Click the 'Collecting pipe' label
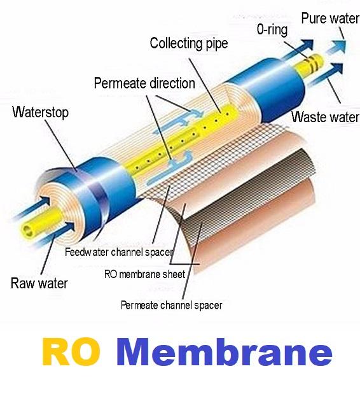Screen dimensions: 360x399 click(x=188, y=43)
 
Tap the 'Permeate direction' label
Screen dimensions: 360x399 click(x=144, y=83)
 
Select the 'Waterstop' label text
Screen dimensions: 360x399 click(x=41, y=112)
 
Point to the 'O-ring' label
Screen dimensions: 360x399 click(x=272, y=29)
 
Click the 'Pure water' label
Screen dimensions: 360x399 click(x=330, y=18)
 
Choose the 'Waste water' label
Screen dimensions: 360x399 click(x=326, y=117)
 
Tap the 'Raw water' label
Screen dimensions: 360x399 click(x=39, y=283)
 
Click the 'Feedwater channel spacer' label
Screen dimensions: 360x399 click(x=119, y=252)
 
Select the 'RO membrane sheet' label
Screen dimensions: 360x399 click(x=145, y=274)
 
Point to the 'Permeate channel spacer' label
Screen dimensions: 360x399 click(x=171, y=305)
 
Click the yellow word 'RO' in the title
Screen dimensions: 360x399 click(x=71, y=352)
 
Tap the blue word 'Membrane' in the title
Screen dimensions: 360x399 click(x=224, y=352)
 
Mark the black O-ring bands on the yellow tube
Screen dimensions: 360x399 click(x=312, y=63)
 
